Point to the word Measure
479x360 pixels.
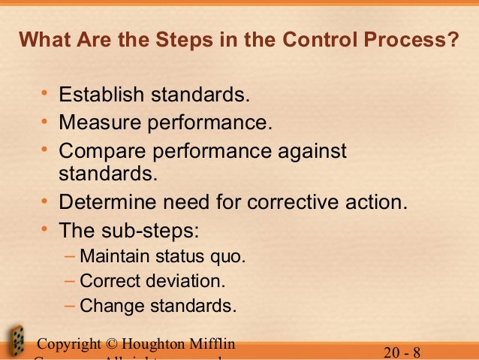[x=96, y=121]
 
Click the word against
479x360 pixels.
[x=307, y=151]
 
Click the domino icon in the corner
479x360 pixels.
[x=14, y=342]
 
